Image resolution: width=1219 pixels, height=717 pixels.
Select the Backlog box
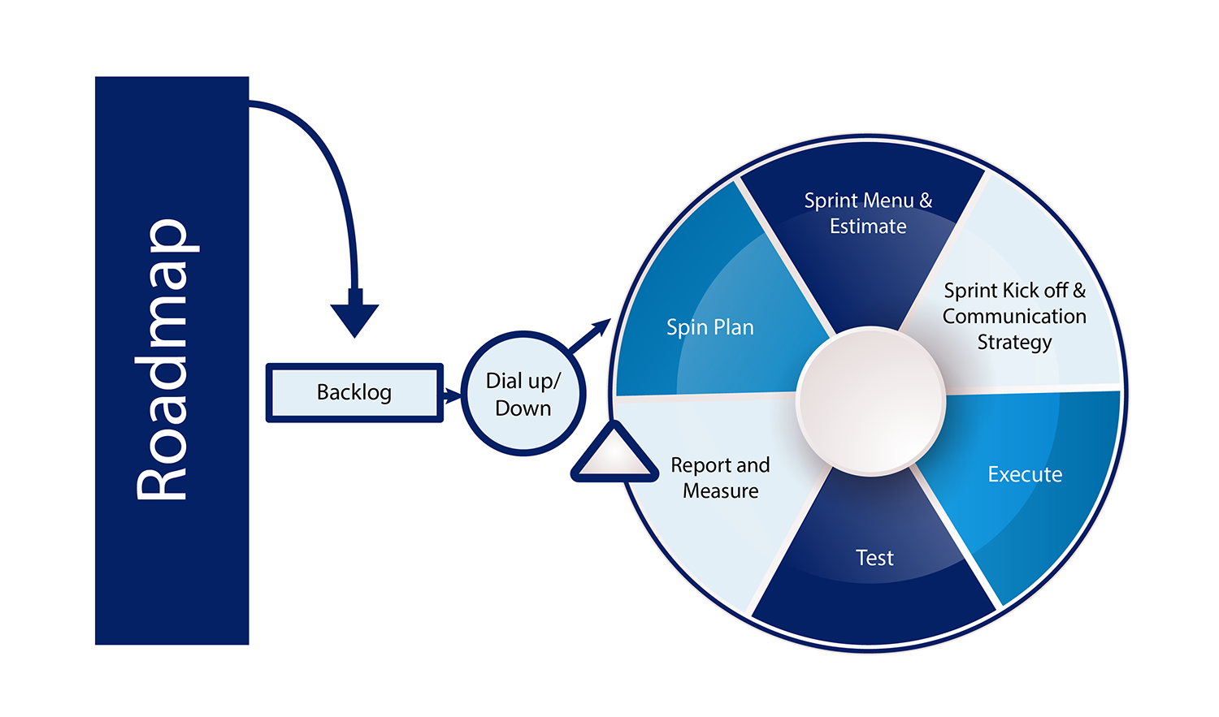(354, 393)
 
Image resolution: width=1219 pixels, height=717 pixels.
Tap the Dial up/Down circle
(523, 394)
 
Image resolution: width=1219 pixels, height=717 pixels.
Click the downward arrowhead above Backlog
(354, 318)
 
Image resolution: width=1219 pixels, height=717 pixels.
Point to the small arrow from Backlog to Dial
(452, 396)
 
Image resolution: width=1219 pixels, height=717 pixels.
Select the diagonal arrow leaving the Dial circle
(590, 335)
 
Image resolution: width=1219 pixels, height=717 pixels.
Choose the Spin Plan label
(710, 327)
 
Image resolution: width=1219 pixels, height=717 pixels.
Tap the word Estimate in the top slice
(868, 227)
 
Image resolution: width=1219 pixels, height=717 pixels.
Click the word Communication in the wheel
(1014, 316)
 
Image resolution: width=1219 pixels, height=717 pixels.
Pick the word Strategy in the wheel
(1014, 343)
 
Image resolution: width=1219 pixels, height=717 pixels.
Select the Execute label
(1025, 474)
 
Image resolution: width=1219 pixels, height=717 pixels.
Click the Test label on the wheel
(874, 558)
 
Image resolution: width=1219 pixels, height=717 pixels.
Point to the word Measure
(721, 491)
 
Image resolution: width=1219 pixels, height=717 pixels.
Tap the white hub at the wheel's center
(871, 401)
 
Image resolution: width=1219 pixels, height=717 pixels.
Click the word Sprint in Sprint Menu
(831, 201)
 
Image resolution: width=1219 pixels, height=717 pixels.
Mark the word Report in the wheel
(701, 465)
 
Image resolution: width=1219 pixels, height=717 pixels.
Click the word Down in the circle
(523, 408)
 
